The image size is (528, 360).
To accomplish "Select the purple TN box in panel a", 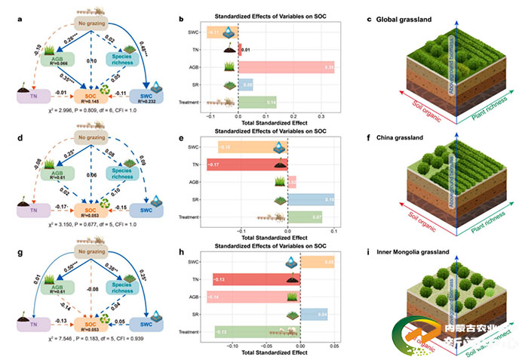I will (32, 96).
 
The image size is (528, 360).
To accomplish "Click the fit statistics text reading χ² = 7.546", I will (106, 351).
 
